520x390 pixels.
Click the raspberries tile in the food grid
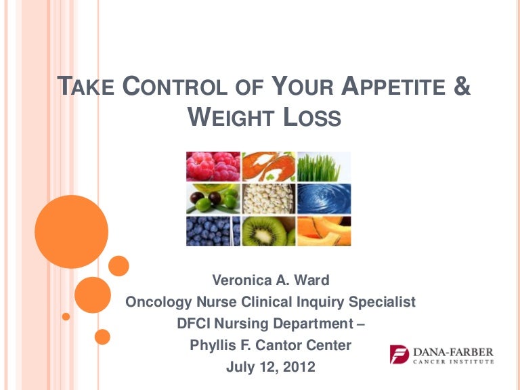tap(213, 166)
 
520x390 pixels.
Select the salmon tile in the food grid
tap(269, 166)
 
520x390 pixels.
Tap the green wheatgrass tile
tap(324, 166)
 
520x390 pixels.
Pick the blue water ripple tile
tap(324, 198)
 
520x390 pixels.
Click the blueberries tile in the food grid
tap(213, 231)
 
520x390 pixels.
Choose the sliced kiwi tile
tap(269, 231)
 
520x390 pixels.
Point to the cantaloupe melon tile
tap(324, 231)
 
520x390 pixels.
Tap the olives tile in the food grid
tap(213, 198)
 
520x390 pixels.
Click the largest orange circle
tap(71, 232)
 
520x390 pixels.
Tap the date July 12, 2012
tap(270, 368)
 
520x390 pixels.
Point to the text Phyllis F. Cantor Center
tap(270, 345)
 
